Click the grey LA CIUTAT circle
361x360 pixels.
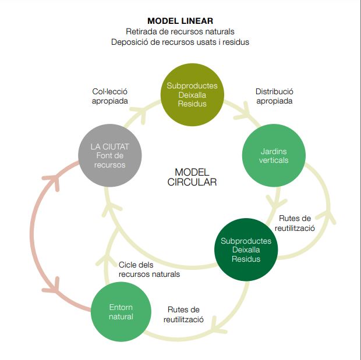110,155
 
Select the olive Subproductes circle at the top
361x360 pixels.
192,95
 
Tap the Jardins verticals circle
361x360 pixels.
274,155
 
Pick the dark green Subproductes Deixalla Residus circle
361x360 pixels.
246,249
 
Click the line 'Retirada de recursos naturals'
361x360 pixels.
180,31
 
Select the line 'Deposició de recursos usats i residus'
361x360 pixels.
180,42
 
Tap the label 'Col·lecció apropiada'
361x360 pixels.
109,96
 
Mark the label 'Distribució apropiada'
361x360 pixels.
274,96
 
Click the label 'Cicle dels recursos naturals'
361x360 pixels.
149,269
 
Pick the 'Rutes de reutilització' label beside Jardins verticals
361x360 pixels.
296,223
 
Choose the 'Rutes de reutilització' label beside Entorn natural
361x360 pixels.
183,315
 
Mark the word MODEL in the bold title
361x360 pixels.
161,21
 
